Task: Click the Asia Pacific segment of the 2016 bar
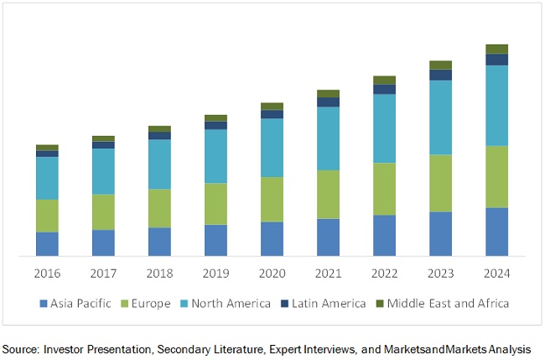point(47,243)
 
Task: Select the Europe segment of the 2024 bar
point(496,176)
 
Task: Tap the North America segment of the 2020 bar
point(272,147)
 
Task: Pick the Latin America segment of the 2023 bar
point(440,75)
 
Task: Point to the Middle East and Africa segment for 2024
point(496,49)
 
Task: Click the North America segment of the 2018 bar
point(159,164)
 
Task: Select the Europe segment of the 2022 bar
point(384,189)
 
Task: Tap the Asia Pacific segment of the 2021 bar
point(328,237)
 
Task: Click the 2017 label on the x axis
point(103,274)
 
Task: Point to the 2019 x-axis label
point(215,274)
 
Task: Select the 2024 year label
point(496,274)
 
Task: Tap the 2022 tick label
point(384,274)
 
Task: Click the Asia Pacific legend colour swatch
point(42,303)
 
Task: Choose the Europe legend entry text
point(151,303)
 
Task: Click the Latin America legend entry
point(329,303)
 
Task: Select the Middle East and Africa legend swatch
point(379,303)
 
